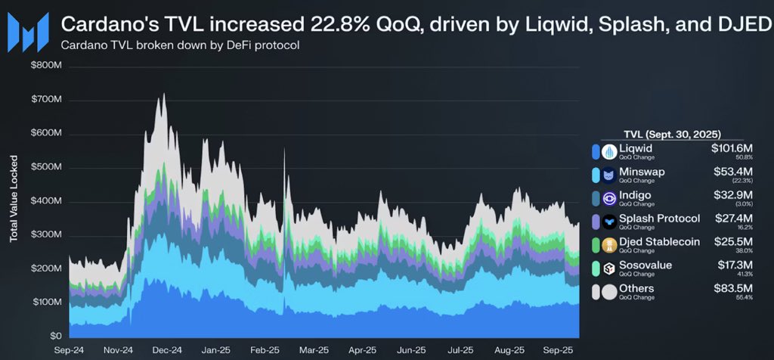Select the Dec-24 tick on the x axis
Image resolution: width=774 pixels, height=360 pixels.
166,350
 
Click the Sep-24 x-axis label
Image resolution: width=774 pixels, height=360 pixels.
69,350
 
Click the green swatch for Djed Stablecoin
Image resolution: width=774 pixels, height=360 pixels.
598,244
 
